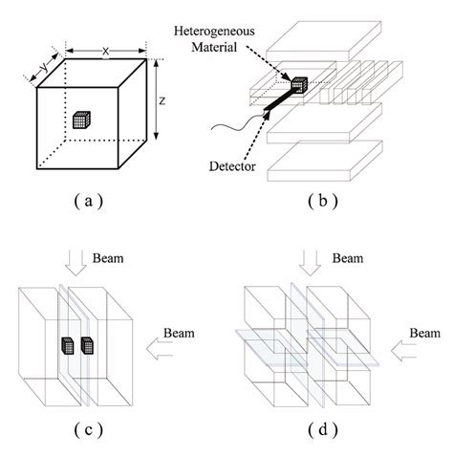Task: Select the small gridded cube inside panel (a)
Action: [80, 120]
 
